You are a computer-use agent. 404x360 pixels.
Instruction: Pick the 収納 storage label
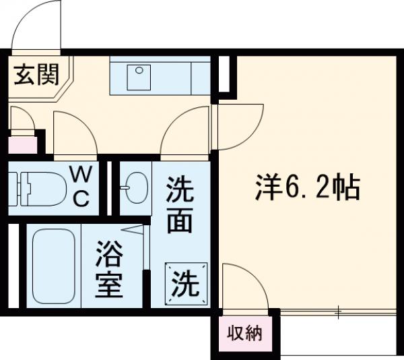pyautogui.click(x=243, y=333)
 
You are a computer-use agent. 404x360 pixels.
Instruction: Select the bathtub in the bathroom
pyautogui.click(x=53, y=266)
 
